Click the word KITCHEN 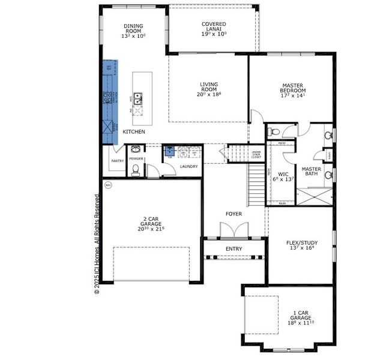point(133,131)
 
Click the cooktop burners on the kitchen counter point(109,98)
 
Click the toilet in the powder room point(136,170)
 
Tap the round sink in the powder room point(135,149)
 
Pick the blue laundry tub point(169,151)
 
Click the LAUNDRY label point(188,166)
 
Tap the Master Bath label point(312,172)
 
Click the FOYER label point(234,214)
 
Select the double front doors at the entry point(234,230)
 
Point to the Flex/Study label point(301,244)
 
